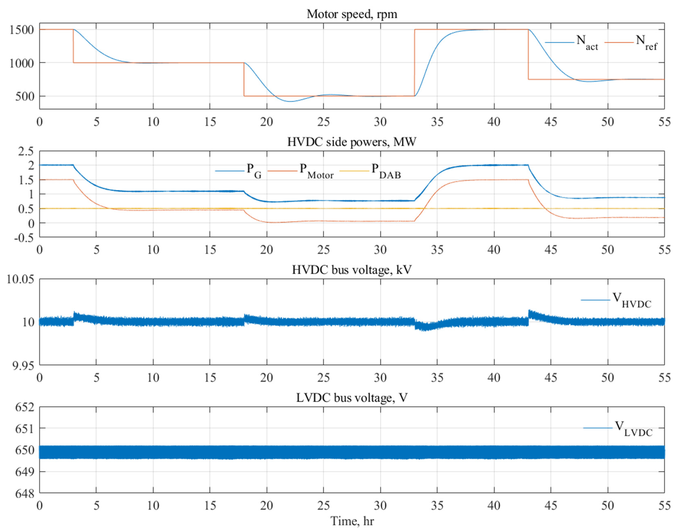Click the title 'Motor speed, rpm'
(352, 14)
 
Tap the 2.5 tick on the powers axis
(26, 152)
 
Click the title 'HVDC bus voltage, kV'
(352, 270)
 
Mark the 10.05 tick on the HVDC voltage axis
(20, 279)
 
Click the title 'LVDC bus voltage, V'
(352, 398)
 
